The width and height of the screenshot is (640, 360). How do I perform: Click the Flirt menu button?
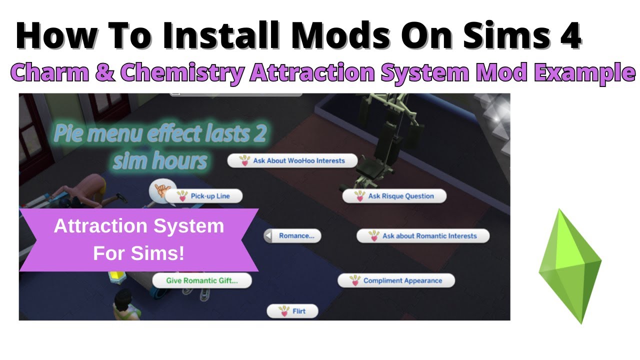(x=292, y=311)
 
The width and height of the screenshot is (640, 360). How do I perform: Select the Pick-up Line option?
(x=204, y=196)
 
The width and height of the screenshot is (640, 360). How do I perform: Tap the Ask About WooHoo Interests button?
(x=292, y=161)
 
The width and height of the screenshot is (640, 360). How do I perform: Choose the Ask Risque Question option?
(x=394, y=196)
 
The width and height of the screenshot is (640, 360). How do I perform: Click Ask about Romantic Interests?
(x=423, y=236)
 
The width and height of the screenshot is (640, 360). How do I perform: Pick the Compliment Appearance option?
(x=396, y=280)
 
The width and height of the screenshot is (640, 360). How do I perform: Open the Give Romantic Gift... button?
(x=202, y=280)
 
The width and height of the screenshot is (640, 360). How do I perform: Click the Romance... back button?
(x=292, y=236)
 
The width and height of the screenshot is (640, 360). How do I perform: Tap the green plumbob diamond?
(x=570, y=265)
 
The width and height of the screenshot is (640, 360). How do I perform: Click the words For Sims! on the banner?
(x=139, y=253)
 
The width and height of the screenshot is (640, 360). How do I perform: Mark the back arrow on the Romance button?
(x=269, y=236)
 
